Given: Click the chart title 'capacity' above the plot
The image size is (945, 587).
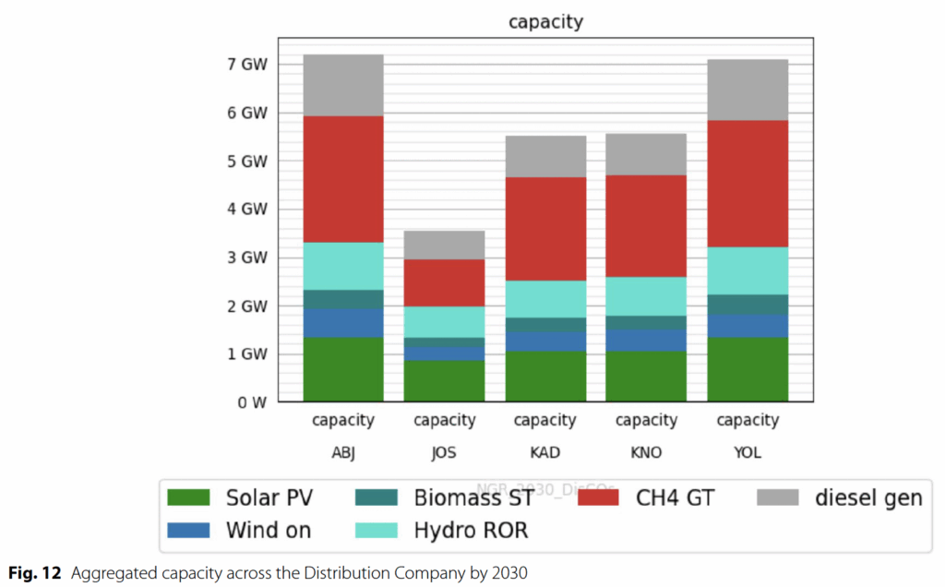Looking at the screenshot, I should [x=545, y=21].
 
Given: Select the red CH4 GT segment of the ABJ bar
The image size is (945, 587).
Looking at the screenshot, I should [x=342, y=179].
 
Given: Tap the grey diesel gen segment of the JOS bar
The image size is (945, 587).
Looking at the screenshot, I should [x=444, y=245].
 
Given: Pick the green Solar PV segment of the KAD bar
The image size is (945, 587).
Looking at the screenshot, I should [x=545, y=377].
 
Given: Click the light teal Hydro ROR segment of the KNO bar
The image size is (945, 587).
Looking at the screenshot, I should [x=646, y=296].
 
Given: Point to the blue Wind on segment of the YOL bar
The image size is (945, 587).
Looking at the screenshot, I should [x=748, y=326].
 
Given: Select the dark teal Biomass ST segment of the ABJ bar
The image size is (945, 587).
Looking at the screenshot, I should [x=342, y=299].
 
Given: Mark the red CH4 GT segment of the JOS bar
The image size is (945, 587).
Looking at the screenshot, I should [x=444, y=282].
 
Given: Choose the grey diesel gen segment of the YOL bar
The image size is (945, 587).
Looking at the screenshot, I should [x=748, y=90].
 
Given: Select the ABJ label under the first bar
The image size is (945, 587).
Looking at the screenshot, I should [x=342, y=453].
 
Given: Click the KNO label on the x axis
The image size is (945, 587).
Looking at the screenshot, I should [x=646, y=453].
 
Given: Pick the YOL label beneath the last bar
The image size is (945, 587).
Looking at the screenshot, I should [x=748, y=453].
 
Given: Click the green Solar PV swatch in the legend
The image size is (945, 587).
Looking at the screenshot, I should [x=192, y=498].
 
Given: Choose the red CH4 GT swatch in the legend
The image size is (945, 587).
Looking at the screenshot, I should [x=603, y=498].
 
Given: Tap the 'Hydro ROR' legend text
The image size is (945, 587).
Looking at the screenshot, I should [x=471, y=531].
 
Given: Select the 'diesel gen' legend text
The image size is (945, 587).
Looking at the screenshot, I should [x=867, y=498].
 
